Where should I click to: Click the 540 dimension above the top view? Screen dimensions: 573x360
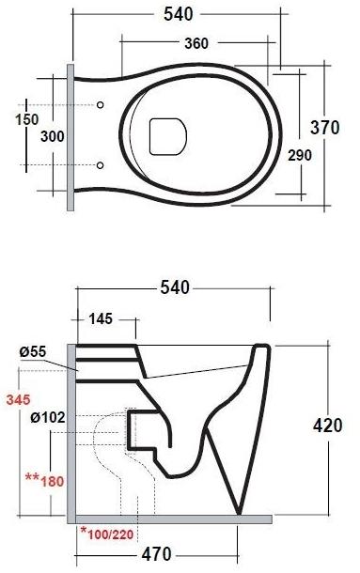coord(176,15)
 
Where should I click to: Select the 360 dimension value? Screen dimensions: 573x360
coord(196,44)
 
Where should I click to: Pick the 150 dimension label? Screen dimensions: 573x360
coord(27,119)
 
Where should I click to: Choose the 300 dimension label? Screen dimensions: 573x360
coord(54,137)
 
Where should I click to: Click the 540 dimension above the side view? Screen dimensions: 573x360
coord(176,286)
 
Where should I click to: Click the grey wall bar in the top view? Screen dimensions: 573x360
coord(70,137)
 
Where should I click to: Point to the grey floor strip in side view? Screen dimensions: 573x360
coord(169,518)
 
